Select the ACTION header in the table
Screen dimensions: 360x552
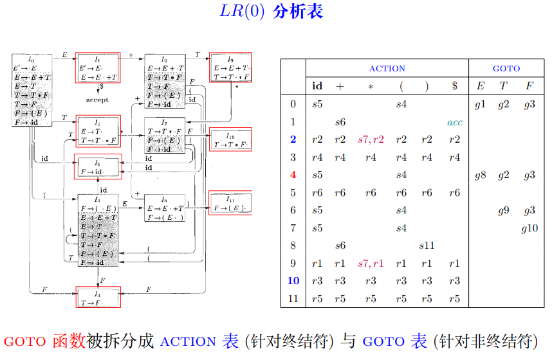click(387, 68)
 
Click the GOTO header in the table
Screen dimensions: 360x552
click(506, 68)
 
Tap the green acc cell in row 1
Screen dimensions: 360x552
click(455, 122)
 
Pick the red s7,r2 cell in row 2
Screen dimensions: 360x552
click(371, 139)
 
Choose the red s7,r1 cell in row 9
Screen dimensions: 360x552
click(371, 263)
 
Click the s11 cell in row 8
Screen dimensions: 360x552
click(427, 246)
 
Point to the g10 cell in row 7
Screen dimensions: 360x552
click(529, 228)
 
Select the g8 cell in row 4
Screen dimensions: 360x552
click(480, 175)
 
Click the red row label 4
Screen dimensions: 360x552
click(293, 175)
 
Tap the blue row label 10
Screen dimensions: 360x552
click(293, 281)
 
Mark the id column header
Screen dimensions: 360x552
click(317, 86)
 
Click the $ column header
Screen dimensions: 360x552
click(455, 86)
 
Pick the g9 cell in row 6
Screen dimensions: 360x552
click(504, 210)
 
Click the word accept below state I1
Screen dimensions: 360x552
click(97, 100)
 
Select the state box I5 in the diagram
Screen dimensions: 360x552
click(98, 166)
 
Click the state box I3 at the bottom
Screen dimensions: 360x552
click(98, 298)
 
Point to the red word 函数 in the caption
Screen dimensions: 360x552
click(68, 341)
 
